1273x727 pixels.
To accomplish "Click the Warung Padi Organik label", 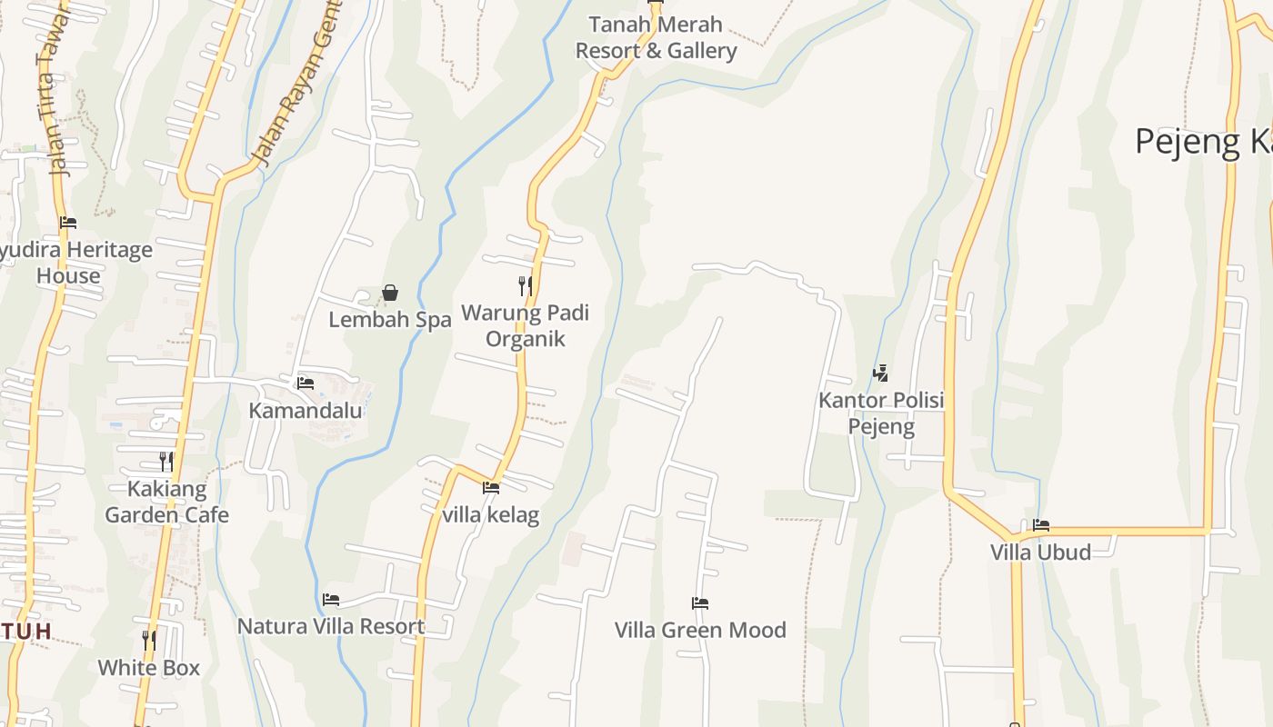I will click(525, 325).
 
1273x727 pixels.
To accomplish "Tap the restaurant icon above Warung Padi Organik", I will click(525, 286).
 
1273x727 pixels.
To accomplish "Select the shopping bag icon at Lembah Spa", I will click(390, 293).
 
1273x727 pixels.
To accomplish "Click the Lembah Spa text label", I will click(389, 320).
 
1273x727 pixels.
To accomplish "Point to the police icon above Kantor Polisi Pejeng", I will click(879, 373).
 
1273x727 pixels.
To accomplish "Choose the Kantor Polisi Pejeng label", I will click(881, 413).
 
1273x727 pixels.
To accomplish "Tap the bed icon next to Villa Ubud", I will click(1041, 525).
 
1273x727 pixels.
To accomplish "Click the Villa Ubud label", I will click(1040, 552).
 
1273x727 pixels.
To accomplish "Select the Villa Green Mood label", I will click(700, 630).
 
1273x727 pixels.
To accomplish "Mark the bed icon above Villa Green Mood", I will click(699, 603).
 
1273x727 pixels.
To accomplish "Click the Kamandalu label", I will click(306, 410).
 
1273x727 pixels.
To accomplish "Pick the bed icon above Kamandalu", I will click(306, 383).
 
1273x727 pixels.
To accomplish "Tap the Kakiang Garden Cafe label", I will click(166, 502).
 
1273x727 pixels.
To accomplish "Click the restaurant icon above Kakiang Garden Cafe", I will click(165, 462).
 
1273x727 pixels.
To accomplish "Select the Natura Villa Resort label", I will click(331, 626).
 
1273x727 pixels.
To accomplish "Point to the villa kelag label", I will click(491, 514).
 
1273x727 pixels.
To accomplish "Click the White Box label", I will click(148, 668).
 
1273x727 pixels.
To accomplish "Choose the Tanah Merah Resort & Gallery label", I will click(656, 37).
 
